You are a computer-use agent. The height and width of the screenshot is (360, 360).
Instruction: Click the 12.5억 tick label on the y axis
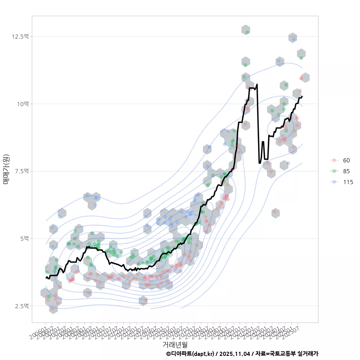[20, 36]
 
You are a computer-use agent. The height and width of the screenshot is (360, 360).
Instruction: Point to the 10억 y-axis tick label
[22, 104]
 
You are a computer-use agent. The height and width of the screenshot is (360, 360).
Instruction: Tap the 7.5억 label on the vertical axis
[21, 171]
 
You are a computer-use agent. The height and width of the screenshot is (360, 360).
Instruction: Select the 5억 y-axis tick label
[23, 238]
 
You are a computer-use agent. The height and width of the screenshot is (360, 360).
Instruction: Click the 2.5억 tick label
[21, 306]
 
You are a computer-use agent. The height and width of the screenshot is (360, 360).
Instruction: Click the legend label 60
[346, 160]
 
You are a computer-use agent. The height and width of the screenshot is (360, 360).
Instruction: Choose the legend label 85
[346, 171]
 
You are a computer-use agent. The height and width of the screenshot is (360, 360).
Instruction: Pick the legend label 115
[348, 182]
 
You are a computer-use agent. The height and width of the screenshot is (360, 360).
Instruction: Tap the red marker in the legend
[334, 160]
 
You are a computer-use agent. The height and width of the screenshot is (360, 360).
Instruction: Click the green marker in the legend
[334, 171]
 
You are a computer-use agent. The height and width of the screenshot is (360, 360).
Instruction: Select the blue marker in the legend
[334, 182]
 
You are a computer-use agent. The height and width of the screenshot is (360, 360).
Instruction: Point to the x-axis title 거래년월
[175, 344]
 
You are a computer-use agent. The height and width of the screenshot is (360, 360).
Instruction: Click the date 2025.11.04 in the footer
[235, 354]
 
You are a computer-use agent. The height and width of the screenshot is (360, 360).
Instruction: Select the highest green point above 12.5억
[247, 33]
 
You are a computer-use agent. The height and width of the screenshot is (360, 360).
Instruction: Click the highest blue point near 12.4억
[294, 39]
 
